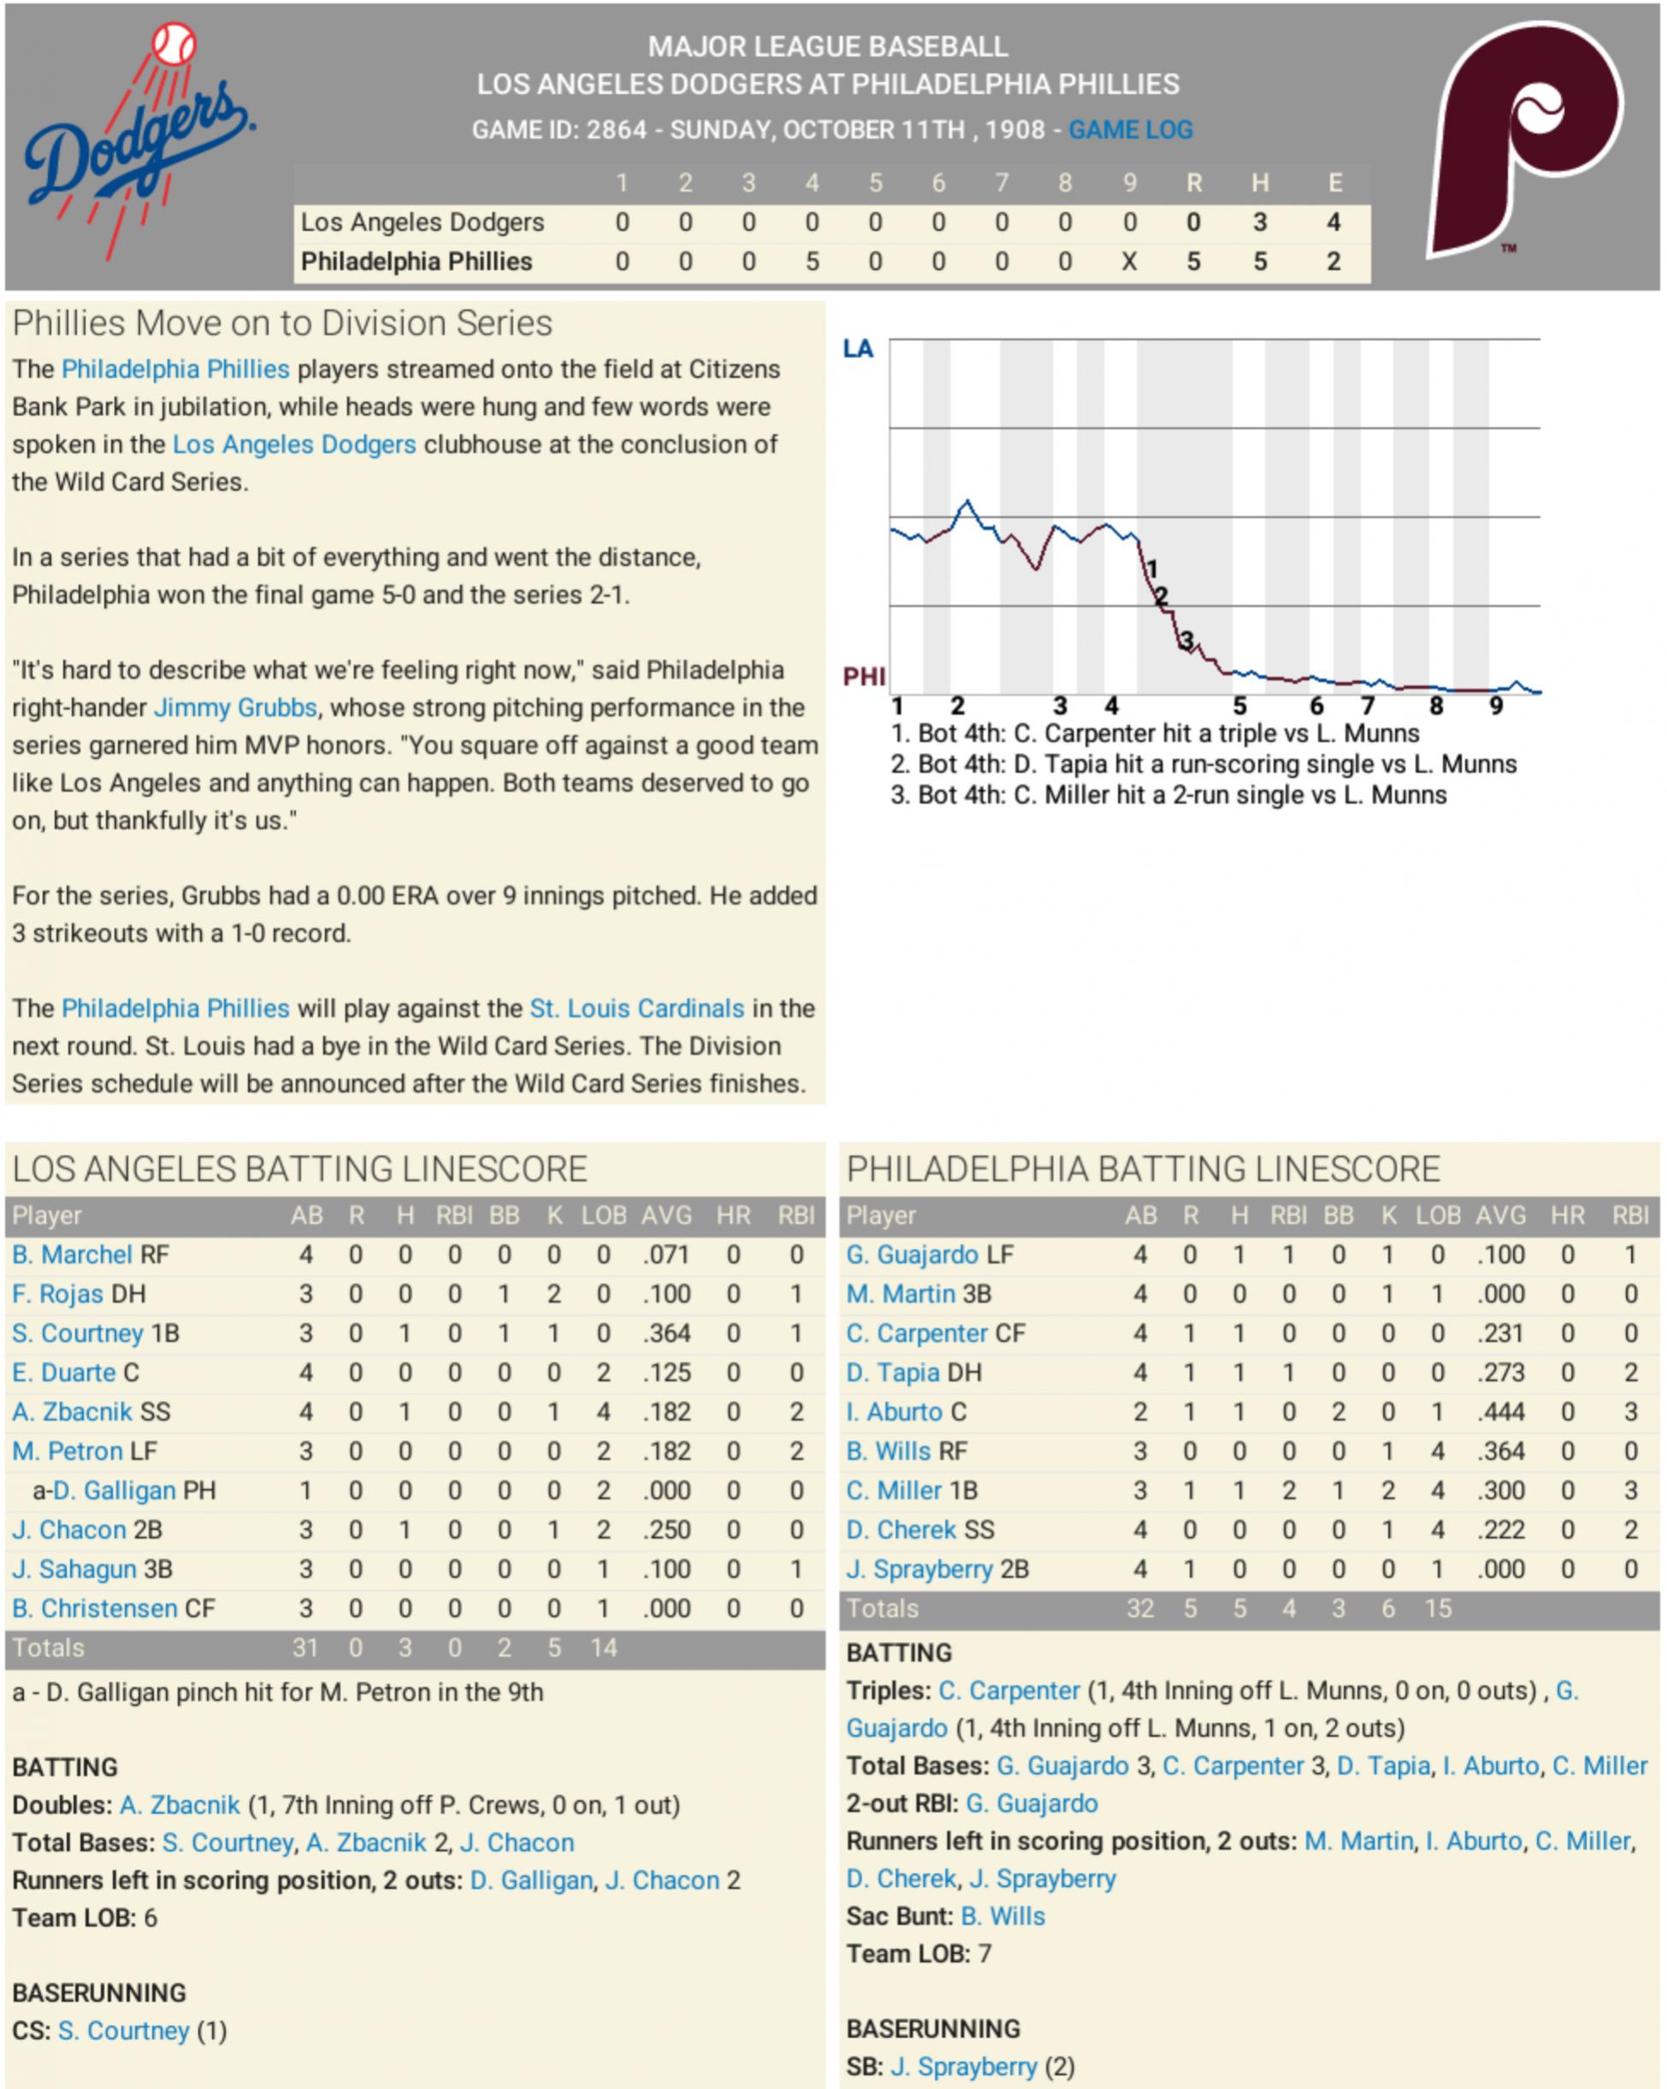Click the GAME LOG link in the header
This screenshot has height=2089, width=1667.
point(1130,130)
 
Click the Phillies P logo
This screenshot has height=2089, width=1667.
point(1526,140)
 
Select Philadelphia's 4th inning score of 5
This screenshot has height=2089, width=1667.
point(813,262)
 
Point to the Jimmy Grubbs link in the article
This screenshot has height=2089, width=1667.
point(235,708)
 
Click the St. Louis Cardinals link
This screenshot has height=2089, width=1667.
point(636,1009)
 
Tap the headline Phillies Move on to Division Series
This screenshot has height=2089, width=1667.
point(282,323)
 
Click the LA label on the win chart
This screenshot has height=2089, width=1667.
point(858,349)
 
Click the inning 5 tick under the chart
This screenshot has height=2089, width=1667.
point(1239,706)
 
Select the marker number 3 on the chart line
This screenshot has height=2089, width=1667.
point(1186,640)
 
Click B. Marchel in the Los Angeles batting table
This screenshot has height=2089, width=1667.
point(72,1254)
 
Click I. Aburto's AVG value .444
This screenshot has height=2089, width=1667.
point(1500,1412)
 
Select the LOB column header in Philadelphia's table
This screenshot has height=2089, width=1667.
point(1437,1215)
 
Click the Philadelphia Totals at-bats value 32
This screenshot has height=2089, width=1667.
point(1140,1608)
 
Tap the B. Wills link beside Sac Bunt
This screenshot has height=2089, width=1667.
point(1002,1915)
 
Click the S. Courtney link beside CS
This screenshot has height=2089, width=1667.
point(123,2030)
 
